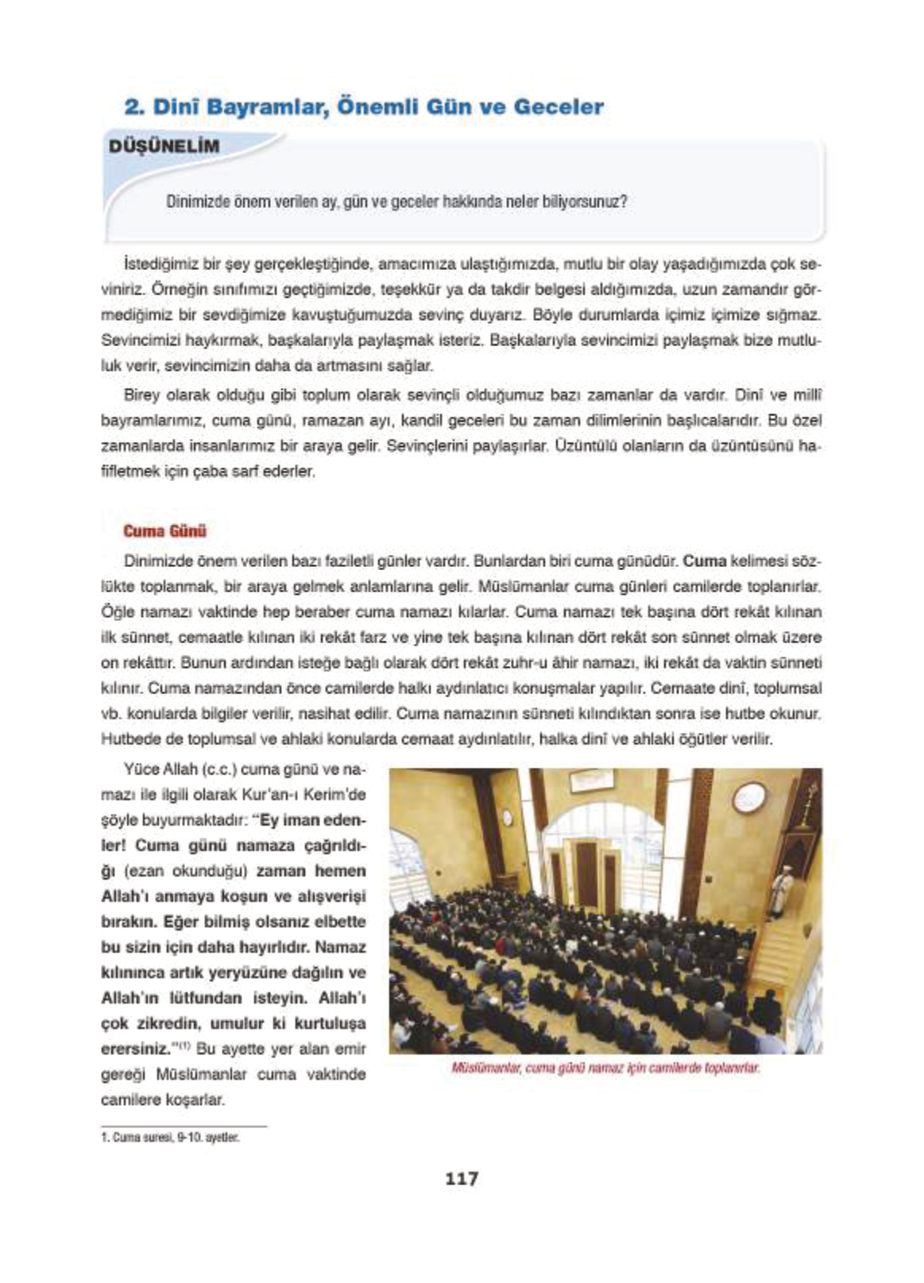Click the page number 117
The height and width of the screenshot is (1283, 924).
click(462, 1178)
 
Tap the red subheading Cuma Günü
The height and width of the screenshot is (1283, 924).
click(164, 531)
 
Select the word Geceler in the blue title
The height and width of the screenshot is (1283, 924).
click(558, 107)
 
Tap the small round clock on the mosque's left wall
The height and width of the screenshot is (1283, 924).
click(507, 817)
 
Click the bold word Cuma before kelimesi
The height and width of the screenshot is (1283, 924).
click(705, 561)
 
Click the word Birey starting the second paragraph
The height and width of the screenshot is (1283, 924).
click(142, 395)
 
